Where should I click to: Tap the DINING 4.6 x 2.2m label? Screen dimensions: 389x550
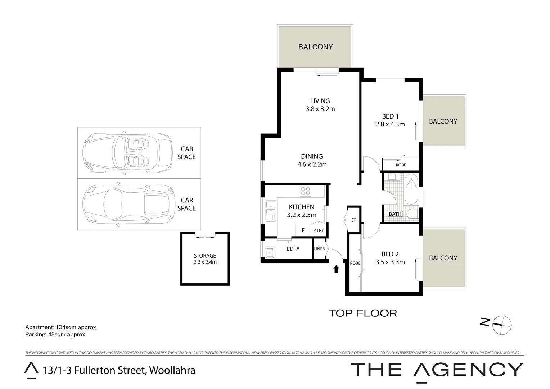point(312,160)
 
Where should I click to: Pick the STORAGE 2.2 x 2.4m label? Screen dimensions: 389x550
point(205,259)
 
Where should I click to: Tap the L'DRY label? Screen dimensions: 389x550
point(293,249)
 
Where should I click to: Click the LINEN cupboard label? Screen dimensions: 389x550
point(320,249)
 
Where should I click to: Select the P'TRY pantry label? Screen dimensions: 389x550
point(318,231)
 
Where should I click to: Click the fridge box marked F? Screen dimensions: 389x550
point(303,231)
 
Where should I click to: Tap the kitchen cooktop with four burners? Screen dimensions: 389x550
point(306,191)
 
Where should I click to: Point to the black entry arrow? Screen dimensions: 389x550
point(336,269)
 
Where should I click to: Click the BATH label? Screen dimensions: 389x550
point(395,214)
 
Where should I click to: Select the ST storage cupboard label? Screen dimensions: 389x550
point(353,220)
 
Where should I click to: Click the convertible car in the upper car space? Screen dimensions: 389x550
point(127,153)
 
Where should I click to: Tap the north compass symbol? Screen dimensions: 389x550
point(502,323)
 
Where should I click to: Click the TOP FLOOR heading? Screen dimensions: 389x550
point(363,313)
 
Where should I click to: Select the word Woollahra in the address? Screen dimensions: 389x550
point(172,370)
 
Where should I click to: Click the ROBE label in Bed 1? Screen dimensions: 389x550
point(401,165)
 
